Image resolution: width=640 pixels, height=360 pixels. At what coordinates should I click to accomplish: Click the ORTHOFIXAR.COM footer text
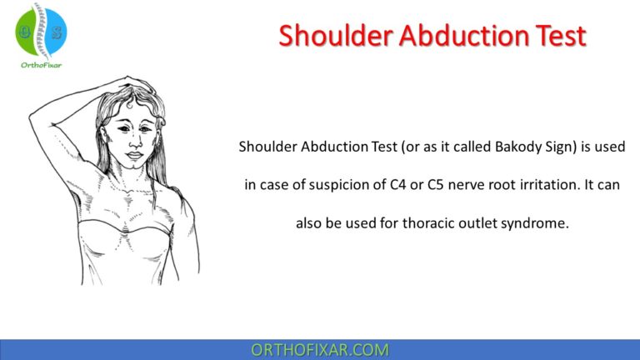(320, 350)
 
